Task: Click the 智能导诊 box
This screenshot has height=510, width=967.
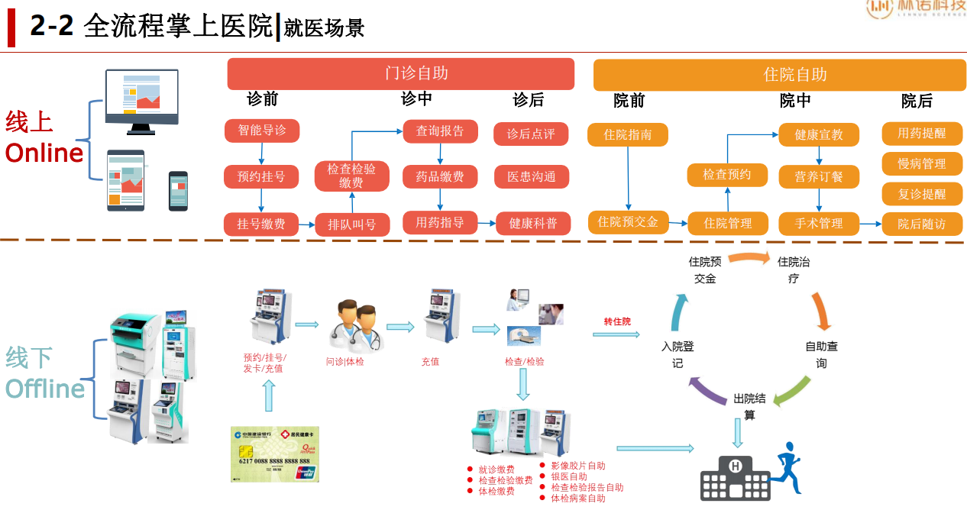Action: coord(262,131)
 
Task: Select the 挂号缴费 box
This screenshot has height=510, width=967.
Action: coord(261,224)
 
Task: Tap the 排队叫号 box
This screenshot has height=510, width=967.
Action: coord(352,224)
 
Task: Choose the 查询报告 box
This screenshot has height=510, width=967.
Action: coord(440,131)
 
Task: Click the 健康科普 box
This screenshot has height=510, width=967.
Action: coord(533,224)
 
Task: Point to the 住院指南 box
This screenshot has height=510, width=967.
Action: coord(628,135)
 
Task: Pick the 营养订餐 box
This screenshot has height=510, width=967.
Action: coord(819,176)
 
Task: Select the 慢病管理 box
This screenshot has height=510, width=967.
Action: coord(922,163)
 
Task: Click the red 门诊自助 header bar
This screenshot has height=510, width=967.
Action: coord(400,74)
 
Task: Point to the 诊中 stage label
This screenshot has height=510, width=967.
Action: coord(416,99)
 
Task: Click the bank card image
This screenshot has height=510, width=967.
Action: coord(275,454)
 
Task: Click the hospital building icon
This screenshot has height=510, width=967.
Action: coord(734,478)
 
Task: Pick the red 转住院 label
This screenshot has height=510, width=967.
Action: coord(617,321)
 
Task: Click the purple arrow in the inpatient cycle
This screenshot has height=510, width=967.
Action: coord(705,390)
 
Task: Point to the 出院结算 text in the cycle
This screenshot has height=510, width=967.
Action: coord(749,407)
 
